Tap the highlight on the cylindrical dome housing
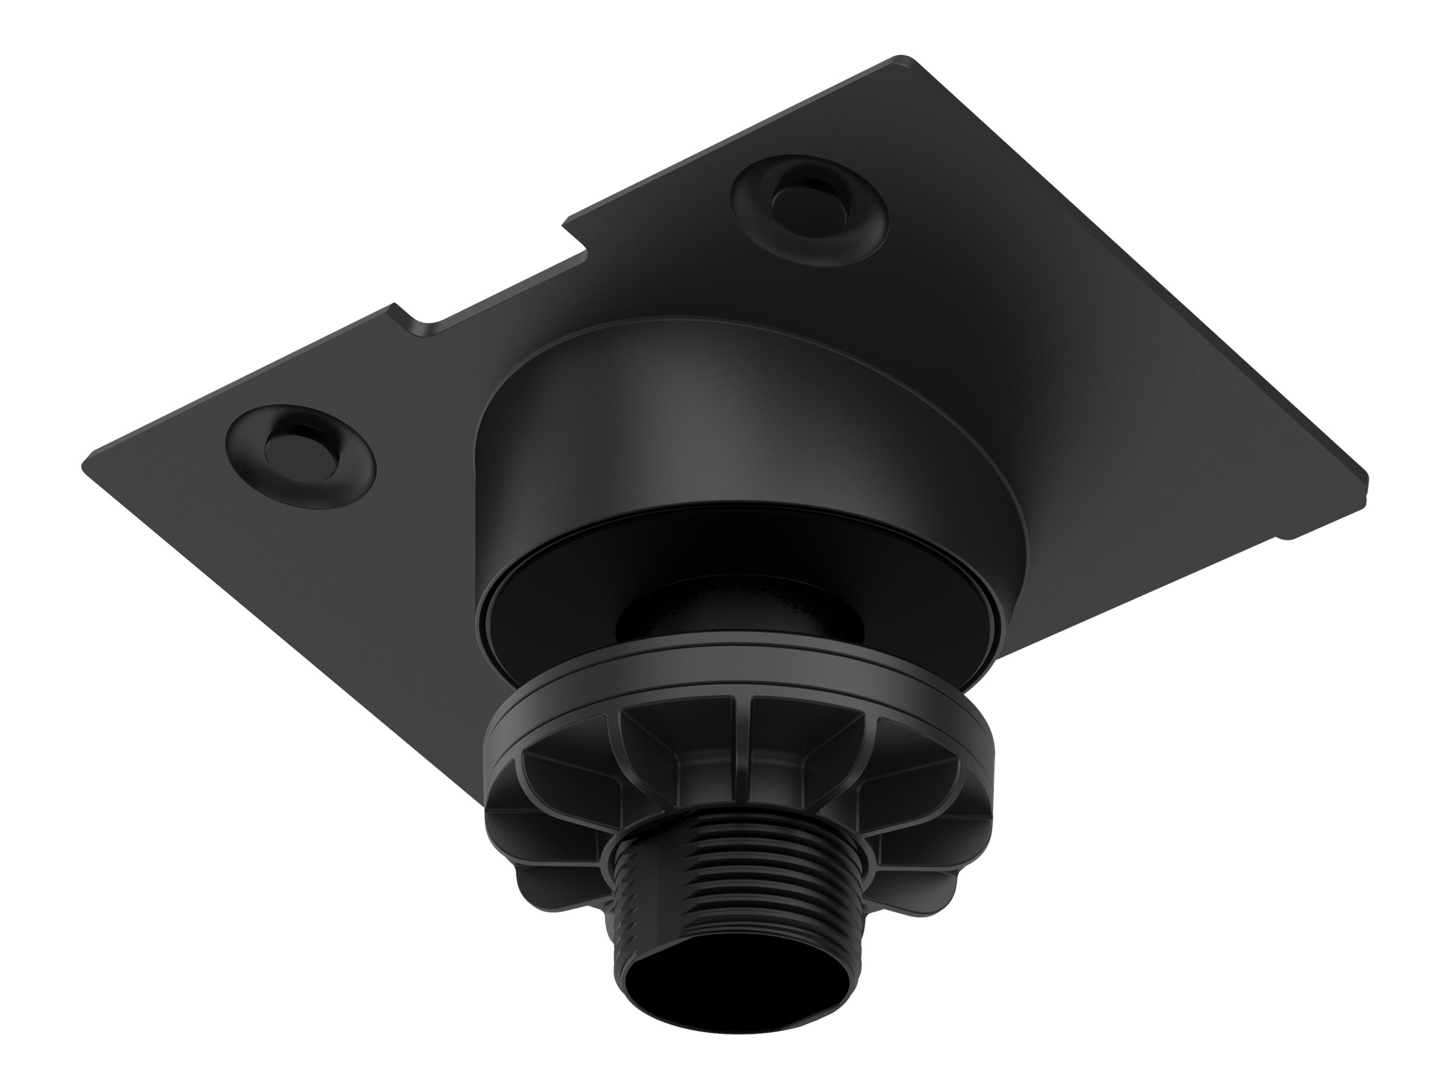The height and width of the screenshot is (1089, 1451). (x=689, y=427)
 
